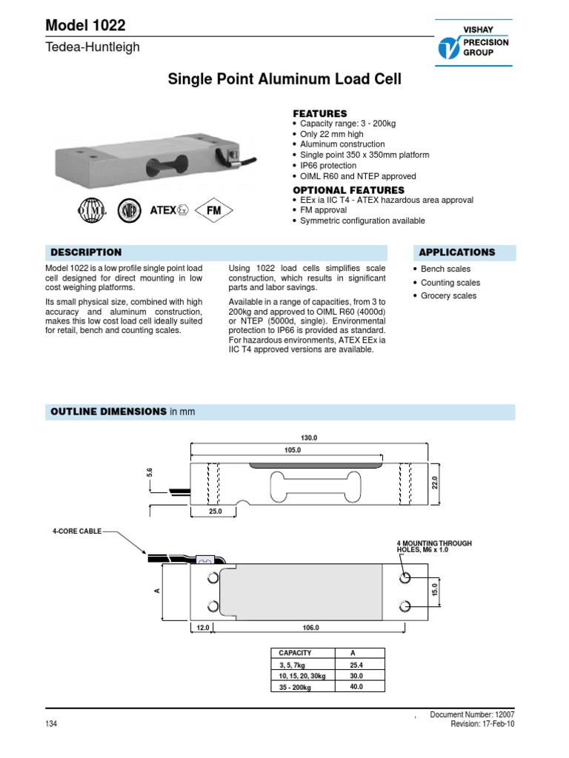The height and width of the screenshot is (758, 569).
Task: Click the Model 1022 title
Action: (x=85, y=25)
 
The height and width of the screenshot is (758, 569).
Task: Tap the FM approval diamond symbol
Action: (x=214, y=210)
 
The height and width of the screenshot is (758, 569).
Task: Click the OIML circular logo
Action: (x=93, y=210)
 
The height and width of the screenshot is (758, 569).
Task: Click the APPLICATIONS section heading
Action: (x=457, y=252)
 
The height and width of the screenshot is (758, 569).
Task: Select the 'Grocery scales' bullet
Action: (x=448, y=296)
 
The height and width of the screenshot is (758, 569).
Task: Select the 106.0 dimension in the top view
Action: (x=310, y=628)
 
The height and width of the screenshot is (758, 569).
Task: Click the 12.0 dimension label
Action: (x=202, y=628)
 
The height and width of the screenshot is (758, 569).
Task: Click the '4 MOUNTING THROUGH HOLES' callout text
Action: (x=434, y=546)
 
